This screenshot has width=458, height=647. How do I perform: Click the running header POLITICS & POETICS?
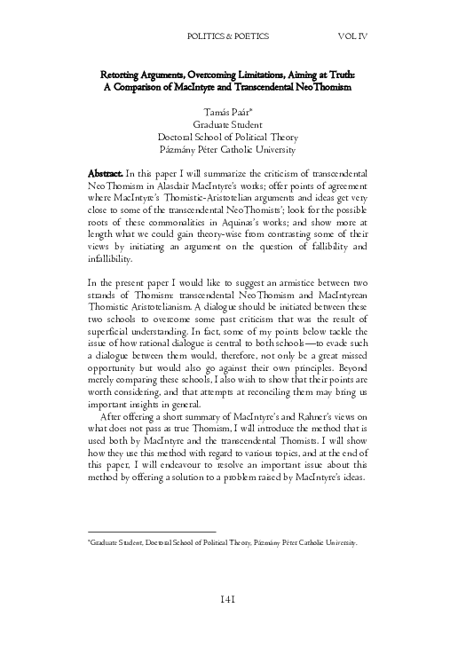pyautogui.click(x=228, y=37)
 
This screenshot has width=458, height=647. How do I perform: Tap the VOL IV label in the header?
pyautogui.click(x=357, y=37)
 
